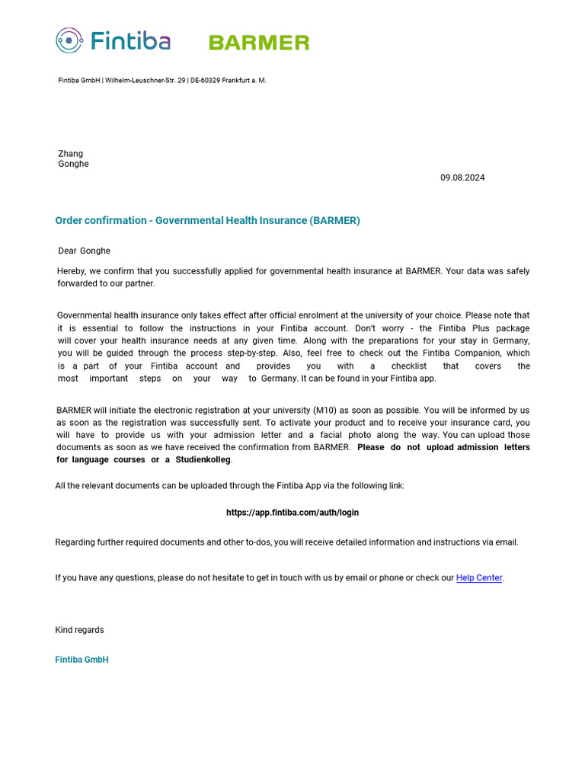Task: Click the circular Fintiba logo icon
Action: [69, 40]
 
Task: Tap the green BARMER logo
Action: [259, 43]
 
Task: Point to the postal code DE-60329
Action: [205, 81]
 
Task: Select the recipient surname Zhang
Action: [71, 154]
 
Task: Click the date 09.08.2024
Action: [462, 177]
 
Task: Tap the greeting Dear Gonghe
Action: [85, 251]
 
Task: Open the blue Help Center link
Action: [479, 578]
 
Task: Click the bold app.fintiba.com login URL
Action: [292, 513]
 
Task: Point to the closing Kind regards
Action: [80, 630]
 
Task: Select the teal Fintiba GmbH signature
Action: [82, 660]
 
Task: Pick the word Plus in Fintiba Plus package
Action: [479, 328]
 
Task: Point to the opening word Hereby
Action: [72, 271]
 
